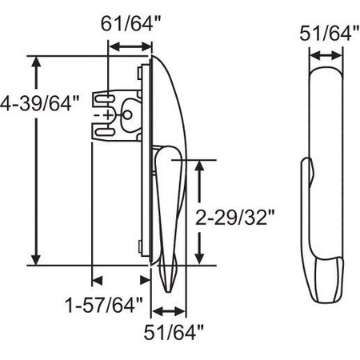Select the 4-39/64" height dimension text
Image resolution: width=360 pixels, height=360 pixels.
click(41, 103)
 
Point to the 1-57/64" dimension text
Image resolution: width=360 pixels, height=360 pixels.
click(104, 304)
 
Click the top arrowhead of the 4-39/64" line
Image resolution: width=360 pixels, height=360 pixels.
click(34, 62)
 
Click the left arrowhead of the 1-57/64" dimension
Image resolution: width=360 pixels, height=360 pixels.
click(97, 280)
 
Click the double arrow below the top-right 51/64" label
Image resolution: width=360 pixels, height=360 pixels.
click(323, 56)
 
